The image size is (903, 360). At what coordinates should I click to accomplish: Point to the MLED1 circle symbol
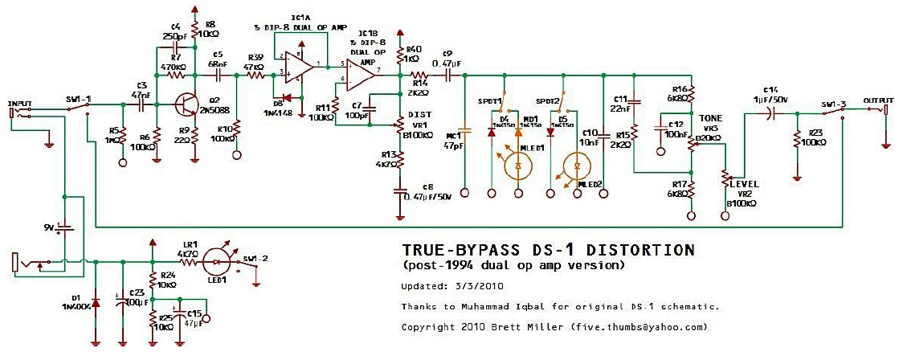[518, 166]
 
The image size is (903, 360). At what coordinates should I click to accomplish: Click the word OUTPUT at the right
[877, 100]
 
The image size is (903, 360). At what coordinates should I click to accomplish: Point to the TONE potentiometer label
[710, 118]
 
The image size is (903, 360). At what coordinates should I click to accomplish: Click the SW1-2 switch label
[256, 257]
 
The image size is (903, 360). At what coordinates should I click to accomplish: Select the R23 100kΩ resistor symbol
[796, 140]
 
